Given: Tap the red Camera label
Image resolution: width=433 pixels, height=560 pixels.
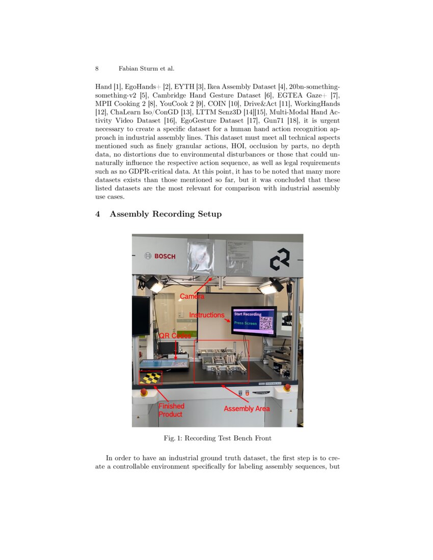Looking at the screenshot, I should [x=192, y=296].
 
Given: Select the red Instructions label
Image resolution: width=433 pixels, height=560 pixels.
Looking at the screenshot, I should [x=207, y=315].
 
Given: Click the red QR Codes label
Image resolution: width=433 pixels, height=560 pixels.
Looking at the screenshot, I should [x=175, y=336].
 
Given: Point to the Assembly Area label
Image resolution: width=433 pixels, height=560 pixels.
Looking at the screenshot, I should [x=247, y=409].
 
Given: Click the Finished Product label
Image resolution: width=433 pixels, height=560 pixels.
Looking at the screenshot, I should [x=171, y=410].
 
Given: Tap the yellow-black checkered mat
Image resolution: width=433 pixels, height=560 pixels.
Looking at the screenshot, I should [x=150, y=378].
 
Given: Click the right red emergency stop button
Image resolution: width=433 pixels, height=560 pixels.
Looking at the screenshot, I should [x=287, y=388].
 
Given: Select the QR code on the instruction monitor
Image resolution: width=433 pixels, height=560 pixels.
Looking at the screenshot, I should [x=266, y=323].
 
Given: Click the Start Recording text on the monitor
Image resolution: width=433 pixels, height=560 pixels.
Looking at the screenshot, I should [x=247, y=314].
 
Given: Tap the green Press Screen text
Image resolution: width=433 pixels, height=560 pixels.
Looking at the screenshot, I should [x=245, y=323].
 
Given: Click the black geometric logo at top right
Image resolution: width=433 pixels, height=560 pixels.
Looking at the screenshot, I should [x=280, y=260].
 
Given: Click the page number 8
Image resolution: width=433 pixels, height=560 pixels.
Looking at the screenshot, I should [x=97, y=68].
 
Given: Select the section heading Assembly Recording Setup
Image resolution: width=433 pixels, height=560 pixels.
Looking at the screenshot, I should [x=166, y=214].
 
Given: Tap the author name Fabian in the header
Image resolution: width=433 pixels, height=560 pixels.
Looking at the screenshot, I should [x=129, y=68].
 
